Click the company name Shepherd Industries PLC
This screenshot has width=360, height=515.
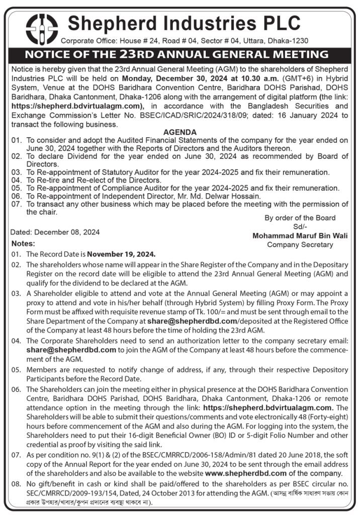pos(184,23)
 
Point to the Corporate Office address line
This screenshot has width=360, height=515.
pos(184,41)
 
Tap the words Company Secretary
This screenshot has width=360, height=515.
pos(300,245)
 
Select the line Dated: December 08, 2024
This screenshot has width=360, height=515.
pos(55,232)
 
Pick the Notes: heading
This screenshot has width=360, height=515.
pos(23,243)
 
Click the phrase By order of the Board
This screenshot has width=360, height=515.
pos(300,218)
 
